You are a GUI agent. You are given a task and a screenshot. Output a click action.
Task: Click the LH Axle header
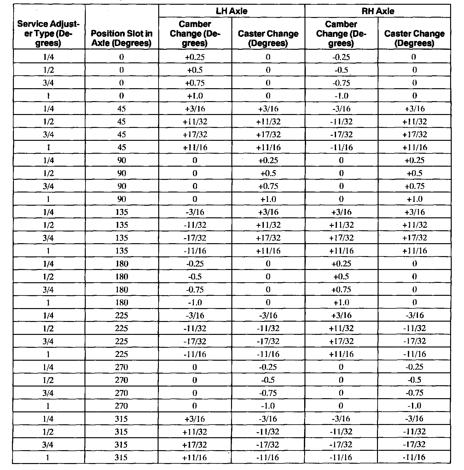click(x=231, y=11)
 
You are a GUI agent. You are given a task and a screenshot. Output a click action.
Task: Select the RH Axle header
click(x=378, y=11)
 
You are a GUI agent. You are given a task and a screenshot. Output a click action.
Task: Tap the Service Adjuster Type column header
click(x=48, y=33)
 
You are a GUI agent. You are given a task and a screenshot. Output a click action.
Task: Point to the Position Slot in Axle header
click(x=121, y=38)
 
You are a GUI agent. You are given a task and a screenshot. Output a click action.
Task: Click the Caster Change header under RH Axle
click(x=414, y=38)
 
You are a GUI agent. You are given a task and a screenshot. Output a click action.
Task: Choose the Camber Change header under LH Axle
click(x=195, y=33)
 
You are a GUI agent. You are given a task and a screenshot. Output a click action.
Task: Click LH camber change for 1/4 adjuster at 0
click(x=195, y=57)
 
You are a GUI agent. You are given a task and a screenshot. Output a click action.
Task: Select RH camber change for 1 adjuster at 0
click(x=341, y=96)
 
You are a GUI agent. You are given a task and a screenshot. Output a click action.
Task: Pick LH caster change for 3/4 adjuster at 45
click(x=268, y=135)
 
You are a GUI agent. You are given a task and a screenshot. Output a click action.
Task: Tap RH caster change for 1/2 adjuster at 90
click(x=414, y=173)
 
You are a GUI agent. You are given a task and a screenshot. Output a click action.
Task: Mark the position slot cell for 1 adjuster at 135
click(x=121, y=251)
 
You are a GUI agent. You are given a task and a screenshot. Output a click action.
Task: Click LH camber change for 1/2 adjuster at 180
click(x=195, y=277)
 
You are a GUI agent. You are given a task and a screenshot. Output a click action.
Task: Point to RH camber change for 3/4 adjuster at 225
click(x=341, y=341)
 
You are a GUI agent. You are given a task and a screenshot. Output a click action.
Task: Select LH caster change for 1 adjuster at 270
click(x=268, y=406)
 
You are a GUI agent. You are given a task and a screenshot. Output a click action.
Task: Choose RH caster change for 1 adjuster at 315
click(x=414, y=457)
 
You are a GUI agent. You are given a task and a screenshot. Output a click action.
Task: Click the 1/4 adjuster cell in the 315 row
click(x=48, y=419)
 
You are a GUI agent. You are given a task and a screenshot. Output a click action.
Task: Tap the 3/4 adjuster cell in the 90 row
click(x=48, y=186)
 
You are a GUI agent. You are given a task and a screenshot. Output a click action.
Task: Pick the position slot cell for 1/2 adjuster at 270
click(x=121, y=380)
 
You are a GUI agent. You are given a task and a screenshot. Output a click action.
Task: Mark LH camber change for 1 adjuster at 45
click(x=195, y=147)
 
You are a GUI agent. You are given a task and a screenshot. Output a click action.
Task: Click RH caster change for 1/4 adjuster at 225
click(x=414, y=315)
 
